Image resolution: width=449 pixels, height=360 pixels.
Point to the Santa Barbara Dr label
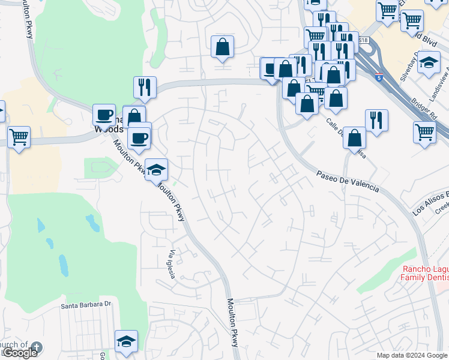86,305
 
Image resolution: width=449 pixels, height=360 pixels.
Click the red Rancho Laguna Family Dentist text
425,274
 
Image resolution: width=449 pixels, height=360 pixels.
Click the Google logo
20,353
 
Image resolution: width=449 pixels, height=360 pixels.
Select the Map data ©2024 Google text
412,355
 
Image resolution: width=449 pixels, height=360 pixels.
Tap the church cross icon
37,347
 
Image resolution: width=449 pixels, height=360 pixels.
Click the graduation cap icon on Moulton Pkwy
156,170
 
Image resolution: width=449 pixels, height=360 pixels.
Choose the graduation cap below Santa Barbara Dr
126,341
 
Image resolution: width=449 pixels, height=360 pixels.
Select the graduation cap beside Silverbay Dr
429,62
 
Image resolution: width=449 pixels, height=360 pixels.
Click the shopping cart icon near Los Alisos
424,131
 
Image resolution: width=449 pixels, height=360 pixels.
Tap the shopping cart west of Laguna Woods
19,137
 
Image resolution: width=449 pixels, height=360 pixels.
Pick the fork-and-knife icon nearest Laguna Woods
145,87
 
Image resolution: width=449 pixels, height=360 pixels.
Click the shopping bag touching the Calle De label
355,138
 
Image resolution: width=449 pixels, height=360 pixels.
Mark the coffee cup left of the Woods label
104,114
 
